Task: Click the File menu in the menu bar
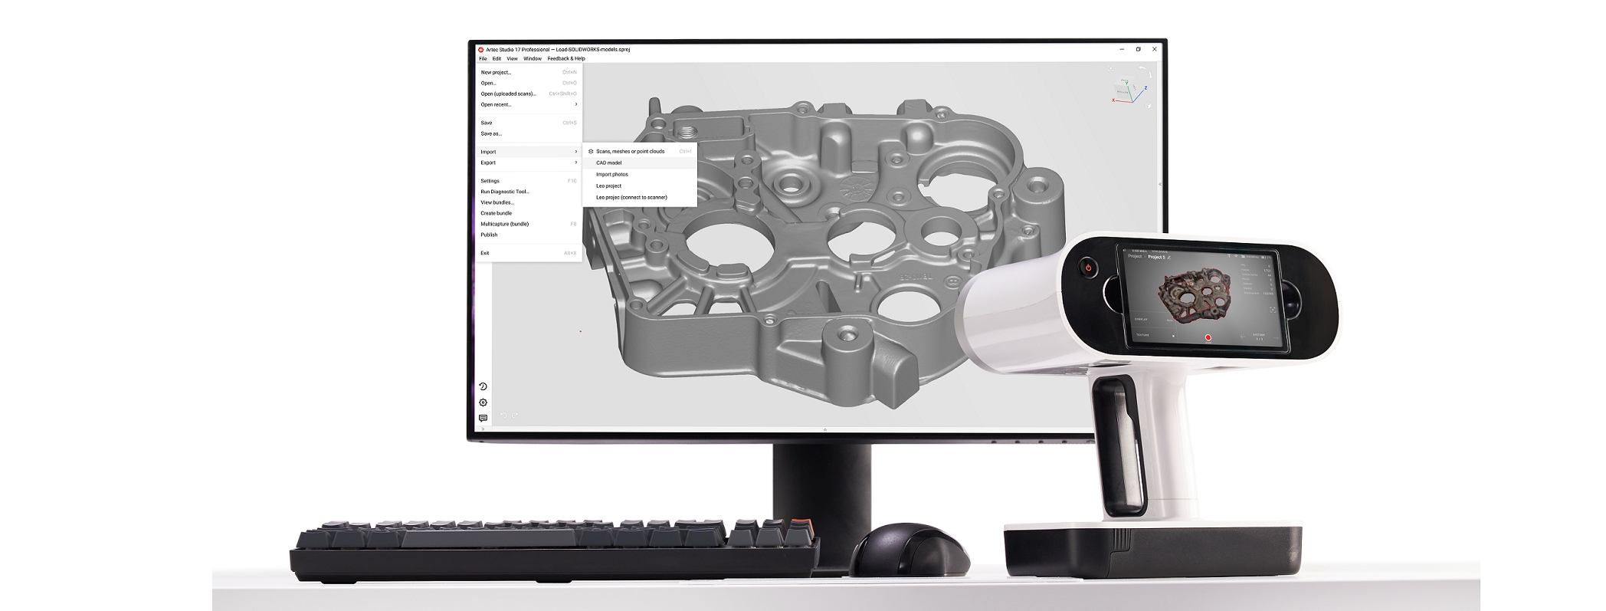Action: [483, 58]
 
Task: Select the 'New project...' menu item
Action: [496, 73]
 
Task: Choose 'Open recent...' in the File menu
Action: [496, 104]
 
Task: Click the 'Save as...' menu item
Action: [491, 133]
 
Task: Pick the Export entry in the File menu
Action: [488, 163]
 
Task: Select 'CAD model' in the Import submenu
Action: [609, 163]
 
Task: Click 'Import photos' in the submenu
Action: [612, 174]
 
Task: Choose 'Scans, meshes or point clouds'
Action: [630, 151]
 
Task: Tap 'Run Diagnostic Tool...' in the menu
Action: [505, 192]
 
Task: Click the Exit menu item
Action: [485, 253]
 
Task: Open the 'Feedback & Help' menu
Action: [566, 58]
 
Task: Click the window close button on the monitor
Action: [1155, 49]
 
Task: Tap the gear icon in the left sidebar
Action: [483, 402]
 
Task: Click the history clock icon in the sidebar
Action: [483, 386]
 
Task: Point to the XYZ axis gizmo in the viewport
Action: [1129, 88]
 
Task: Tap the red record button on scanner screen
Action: [1208, 337]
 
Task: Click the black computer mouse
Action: [909, 550]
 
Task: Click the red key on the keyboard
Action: [798, 524]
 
